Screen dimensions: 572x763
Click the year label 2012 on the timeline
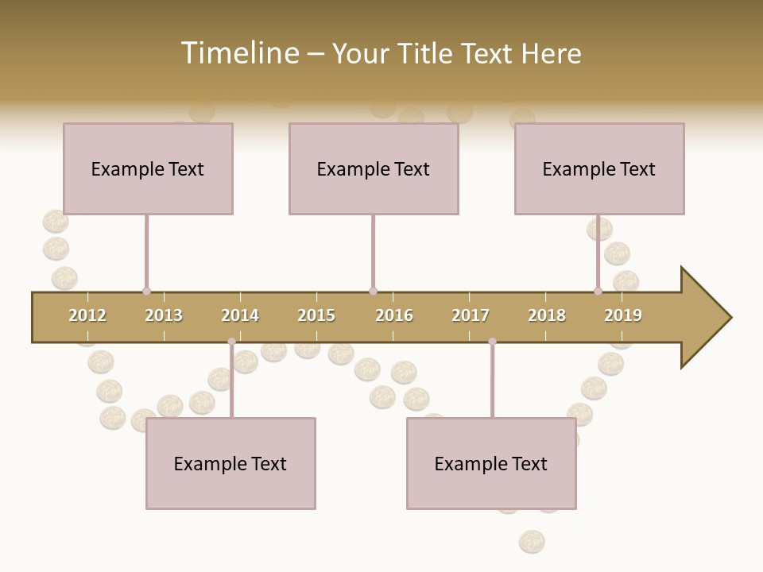coord(87,315)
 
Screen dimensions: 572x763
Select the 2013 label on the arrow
coord(164,315)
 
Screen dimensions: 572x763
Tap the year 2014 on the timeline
coord(240,315)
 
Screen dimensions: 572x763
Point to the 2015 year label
coord(316,315)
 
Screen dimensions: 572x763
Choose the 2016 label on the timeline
coord(394,315)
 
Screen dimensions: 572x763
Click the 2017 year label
coord(471,315)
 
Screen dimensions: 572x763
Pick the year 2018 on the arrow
coord(547,315)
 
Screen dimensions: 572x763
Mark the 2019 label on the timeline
coord(623,315)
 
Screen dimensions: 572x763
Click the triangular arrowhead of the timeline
coord(704,318)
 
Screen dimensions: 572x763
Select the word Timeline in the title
coord(238,53)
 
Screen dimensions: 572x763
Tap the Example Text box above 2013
coord(148,168)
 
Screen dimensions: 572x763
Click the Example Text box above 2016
coord(374,168)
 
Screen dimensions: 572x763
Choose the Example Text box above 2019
coord(599,168)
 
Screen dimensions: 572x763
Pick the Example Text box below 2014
coord(230,463)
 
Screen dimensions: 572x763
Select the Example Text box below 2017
coord(491,463)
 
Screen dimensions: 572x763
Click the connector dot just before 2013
coord(146,291)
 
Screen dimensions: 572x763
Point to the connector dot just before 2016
coord(373,291)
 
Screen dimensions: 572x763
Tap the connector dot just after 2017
coord(492,342)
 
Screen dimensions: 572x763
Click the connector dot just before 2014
coord(231,342)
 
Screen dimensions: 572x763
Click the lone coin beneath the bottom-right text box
coord(532,542)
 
